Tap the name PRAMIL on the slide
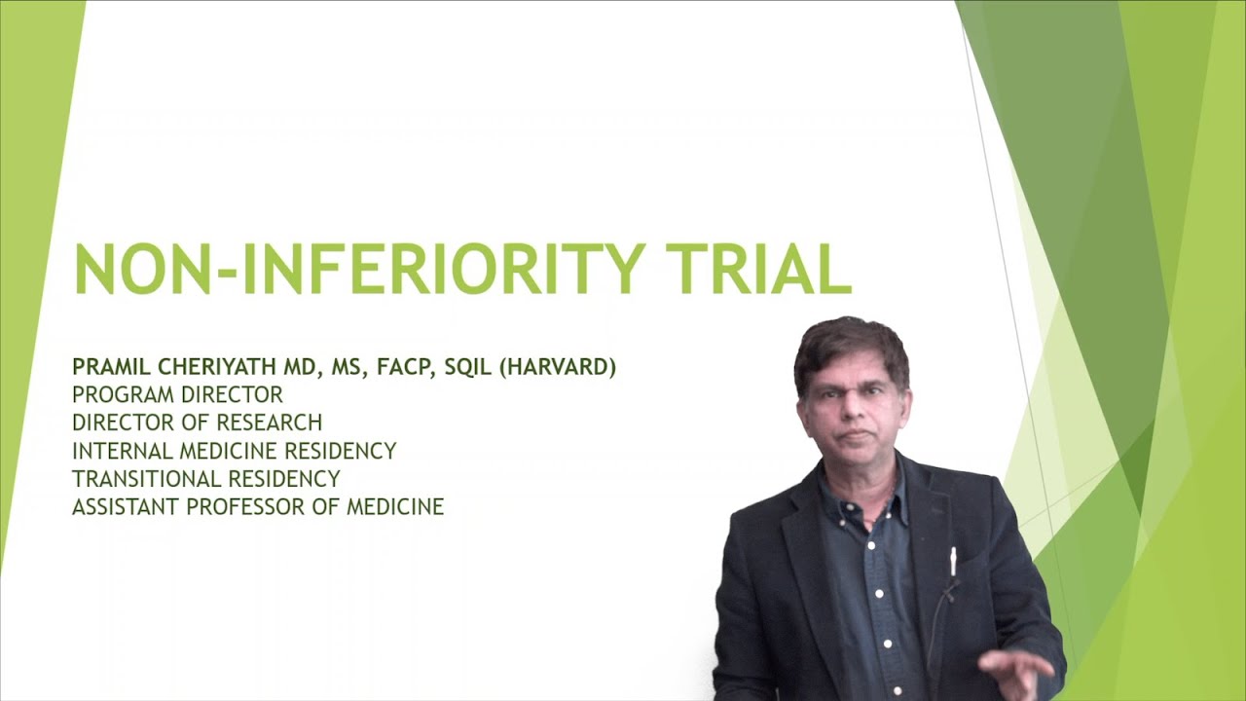click(x=107, y=367)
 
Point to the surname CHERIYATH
click(x=206, y=367)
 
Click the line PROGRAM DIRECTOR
click(x=177, y=394)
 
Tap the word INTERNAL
click(x=123, y=451)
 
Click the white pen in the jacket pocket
click(x=953, y=562)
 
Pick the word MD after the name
click(x=316, y=367)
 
